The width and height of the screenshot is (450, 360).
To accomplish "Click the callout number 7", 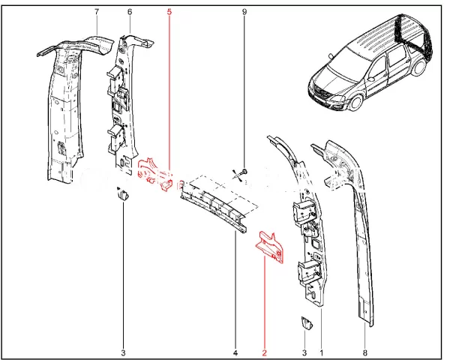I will click(x=96, y=13).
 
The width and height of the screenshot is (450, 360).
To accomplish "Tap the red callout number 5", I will click(x=169, y=13).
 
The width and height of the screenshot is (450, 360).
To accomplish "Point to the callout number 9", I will click(x=244, y=13).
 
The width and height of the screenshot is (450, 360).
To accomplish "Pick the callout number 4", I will click(x=235, y=352).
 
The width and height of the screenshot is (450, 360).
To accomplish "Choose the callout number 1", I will click(x=322, y=352).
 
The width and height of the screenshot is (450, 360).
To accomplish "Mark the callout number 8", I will click(x=364, y=352).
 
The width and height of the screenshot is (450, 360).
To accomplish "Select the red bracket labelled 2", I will click(x=271, y=247).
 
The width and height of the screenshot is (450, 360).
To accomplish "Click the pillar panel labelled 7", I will click(x=64, y=112).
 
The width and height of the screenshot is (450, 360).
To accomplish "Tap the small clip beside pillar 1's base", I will click(x=304, y=323).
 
